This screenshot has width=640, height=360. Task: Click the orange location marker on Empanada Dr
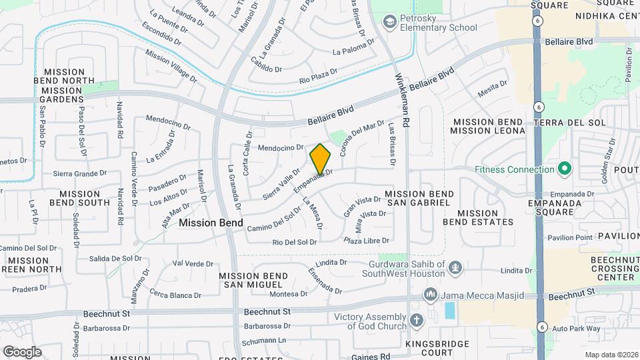(x=320, y=159)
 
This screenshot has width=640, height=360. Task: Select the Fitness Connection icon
(x=564, y=169)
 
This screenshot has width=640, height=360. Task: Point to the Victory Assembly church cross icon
(x=417, y=321)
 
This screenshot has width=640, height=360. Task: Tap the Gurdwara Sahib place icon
(x=455, y=267)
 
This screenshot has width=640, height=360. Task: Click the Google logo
(x=22, y=351)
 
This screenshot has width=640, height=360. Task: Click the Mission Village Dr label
(x=172, y=67)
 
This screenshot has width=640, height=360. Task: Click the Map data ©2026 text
(x=610, y=355)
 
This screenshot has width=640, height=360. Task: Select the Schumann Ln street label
(x=264, y=341)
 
